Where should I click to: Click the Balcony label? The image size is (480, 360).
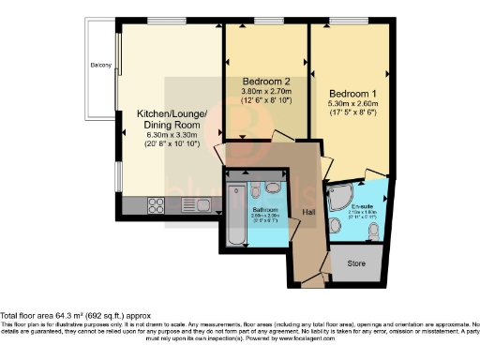(x=101, y=65)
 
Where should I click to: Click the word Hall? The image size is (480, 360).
(x=308, y=213)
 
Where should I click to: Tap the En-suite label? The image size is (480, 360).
(x=362, y=204)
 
